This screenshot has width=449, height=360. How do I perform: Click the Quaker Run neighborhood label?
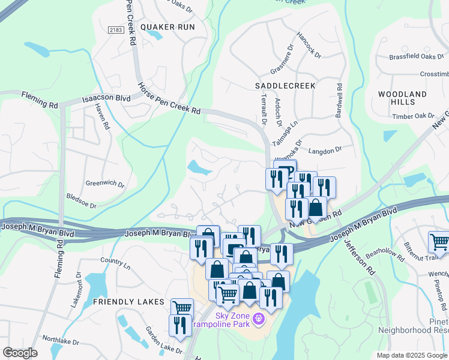click(x=167, y=27)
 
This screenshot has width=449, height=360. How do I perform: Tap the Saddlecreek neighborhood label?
click(x=285, y=86)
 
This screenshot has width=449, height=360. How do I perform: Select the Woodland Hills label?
click(x=403, y=98)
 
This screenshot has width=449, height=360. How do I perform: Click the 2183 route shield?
click(x=116, y=30)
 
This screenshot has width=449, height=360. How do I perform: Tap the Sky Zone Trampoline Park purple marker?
click(x=259, y=317)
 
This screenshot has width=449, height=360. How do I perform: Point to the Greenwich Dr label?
click(x=105, y=184)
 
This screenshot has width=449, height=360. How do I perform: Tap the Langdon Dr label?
click(x=325, y=149)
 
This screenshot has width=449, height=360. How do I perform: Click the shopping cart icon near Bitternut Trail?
click(x=439, y=242)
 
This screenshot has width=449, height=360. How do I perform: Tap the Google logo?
click(x=20, y=353)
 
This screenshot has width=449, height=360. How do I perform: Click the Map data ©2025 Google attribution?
click(x=412, y=355)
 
